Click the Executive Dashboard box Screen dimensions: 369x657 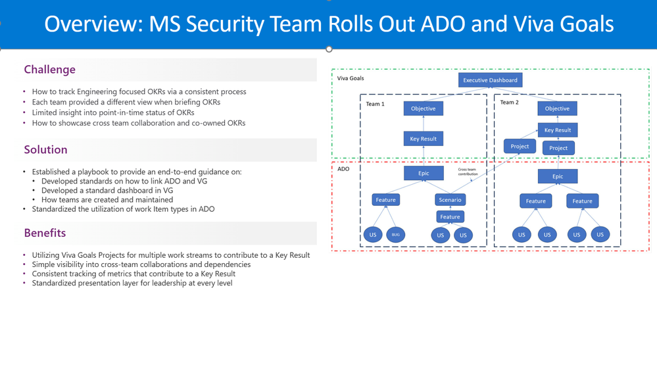click(x=490, y=80)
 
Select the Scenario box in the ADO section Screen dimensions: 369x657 click(x=450, y=200)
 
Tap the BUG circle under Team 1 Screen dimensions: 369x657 click(x=395, y=234)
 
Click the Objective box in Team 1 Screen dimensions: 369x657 click(x=423, y=109)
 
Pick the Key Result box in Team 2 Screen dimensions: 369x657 click(x=557, y=130)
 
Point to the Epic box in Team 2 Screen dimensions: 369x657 click(x=557, y=176)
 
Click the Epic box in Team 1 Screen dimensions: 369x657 click(x=423, y=174)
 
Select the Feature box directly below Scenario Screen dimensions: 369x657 click(x=450, y=216)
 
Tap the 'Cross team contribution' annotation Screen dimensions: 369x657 click(x=468, y=172)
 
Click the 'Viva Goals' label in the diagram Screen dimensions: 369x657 click(x=351, y=78)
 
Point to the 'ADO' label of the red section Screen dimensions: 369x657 click(x=343, y=169)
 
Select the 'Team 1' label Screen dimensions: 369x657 click(x=375, y=104)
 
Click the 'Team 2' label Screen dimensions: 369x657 click(x=509, y=103)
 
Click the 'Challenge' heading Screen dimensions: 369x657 click(x=49, y=70)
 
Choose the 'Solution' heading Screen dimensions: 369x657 click(x=45, y=150)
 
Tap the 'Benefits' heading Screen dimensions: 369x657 click(x=45, y=233)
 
